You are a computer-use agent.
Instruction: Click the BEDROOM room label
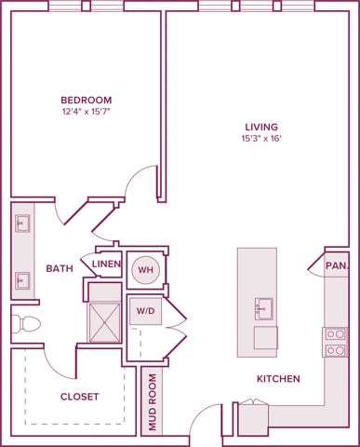click(x=87, y=101)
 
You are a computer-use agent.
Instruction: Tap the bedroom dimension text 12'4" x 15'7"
click(x=87, y=113)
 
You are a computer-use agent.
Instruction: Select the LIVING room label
click(x=261, y=127)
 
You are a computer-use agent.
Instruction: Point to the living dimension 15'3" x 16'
click(x=261, y=139)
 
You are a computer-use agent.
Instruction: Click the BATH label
click(x=60, y=269)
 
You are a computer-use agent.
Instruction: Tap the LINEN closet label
click(x=107, y=264)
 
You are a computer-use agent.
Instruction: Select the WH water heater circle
click(x=145, y=270)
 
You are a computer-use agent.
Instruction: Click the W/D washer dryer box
click(x=145, y=310)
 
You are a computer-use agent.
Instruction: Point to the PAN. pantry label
click(x=337, y=265)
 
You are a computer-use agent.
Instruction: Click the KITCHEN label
click(x=279, y=379)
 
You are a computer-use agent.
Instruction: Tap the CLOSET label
click(x=79, y=397)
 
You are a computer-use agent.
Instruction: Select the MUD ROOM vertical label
click(x=152, y=404)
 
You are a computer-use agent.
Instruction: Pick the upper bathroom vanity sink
click(x=22, y=223)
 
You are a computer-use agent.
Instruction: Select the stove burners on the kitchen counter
click(x=333, y=342)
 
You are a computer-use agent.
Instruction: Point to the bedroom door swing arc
click(x=140, y=185)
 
